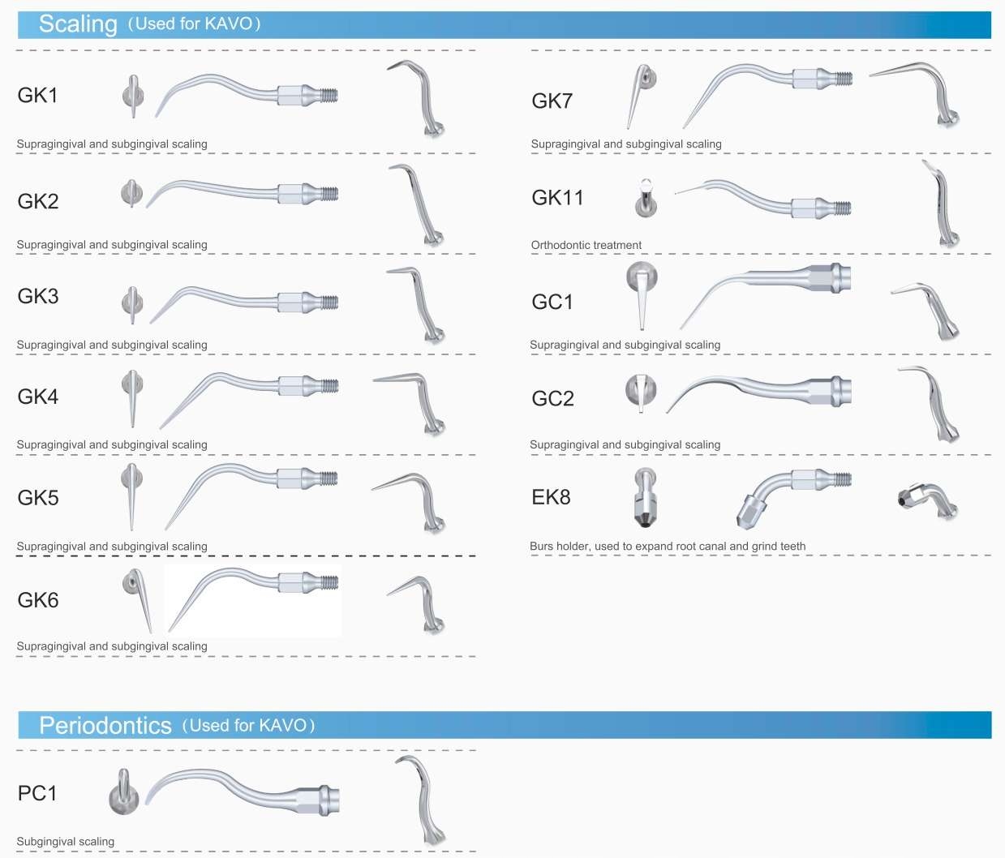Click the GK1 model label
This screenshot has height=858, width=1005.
(37, 96)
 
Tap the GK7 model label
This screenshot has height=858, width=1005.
(552, 101)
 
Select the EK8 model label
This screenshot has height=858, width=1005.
(551, 497)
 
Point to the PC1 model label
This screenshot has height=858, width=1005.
(37, 793)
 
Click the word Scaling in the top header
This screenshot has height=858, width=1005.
(78, 24)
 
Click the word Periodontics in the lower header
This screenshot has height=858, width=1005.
(105, 725)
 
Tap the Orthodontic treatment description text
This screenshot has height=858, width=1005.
(586, 245)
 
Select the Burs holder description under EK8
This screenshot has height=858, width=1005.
(667, 546)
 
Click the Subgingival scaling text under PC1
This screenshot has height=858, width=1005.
(65, 842)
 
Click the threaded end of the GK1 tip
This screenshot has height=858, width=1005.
(328, 95)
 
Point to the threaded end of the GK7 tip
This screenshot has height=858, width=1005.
(844, 79)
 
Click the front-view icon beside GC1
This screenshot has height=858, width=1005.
(641, 294)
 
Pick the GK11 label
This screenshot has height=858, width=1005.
(557, 198)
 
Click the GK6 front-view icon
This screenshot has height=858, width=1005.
(137, 598)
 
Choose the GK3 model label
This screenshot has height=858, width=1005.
(37, 297)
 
